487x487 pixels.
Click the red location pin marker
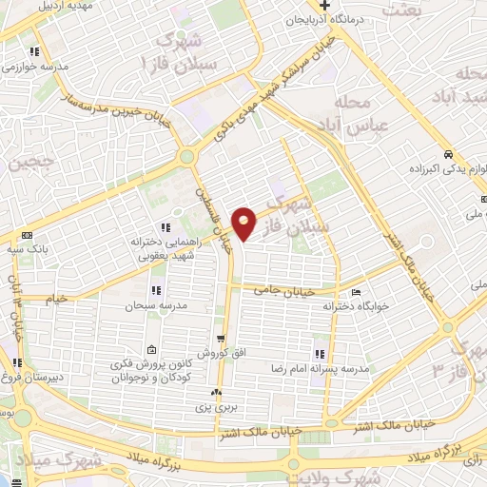coord(244,223)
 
